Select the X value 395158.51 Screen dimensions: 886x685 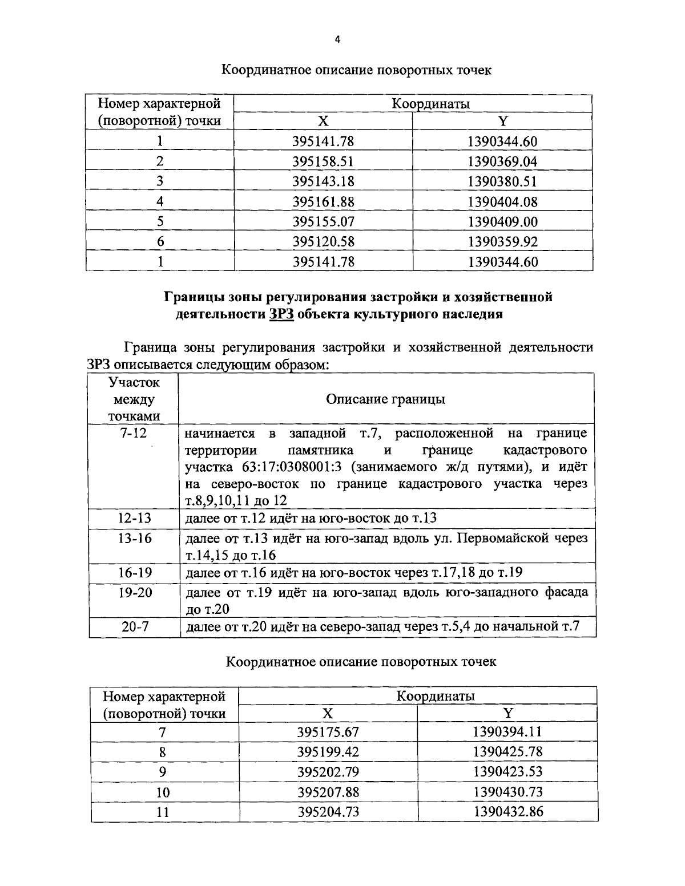[x=323, y=161]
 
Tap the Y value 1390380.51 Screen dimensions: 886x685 [x=502, y=181]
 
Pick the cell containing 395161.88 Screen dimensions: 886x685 [x=323, y=201]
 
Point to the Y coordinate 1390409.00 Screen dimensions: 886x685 [x=502, y=221]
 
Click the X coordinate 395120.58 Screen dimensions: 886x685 [x=323, y=242]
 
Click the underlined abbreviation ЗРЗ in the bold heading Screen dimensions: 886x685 [x=280, y=314]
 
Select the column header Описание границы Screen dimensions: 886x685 [x=385, y=399]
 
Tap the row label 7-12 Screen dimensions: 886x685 [x=134, y=433]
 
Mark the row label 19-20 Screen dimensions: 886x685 [x=135, y=592]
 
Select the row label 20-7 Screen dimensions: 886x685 [x=135, y=626]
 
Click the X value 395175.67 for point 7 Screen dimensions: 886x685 [x=328, y=732]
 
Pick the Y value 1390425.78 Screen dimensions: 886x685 [x=507, y=751]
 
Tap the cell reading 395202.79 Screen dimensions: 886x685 [x=328, y=771]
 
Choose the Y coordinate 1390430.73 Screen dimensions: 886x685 [x=507, y=792]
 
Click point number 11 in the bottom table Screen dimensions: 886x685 [x=163, y=812]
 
